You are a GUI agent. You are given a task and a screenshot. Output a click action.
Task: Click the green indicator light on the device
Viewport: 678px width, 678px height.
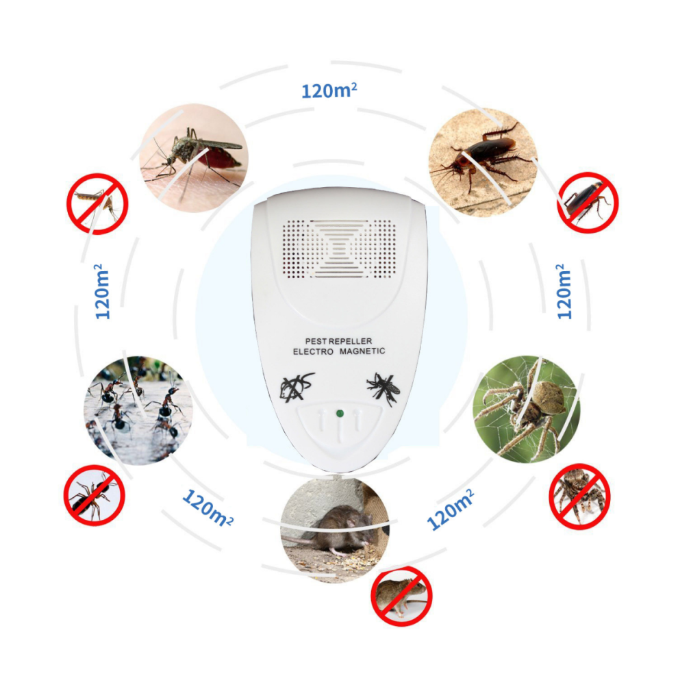[x=340, y=414]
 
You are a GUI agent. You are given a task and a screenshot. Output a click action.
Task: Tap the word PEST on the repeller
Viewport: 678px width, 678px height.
[x=315, y=341]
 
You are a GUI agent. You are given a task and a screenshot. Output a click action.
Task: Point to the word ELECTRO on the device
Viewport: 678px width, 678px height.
[x=313, y=351]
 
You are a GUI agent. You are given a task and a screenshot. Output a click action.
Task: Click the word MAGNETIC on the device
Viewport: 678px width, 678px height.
[x=362, y=351]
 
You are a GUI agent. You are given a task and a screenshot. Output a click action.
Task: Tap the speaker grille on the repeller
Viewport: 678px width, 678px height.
[x=340, y=249]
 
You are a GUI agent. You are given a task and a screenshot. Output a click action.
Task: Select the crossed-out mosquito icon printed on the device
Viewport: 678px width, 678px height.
[x=384, y=388]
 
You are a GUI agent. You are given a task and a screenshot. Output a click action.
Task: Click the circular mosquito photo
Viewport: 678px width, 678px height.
[x=194, y=158]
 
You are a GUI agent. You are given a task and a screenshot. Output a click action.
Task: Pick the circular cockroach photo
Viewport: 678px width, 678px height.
[x=483, y=162]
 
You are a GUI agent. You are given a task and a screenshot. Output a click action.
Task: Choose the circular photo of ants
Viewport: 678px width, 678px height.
[x=138, y=410]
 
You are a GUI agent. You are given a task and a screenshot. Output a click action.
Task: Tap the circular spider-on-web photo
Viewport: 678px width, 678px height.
[x=527, y=409]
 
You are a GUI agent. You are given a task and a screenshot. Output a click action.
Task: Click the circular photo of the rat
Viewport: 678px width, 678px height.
[x=335, y=529]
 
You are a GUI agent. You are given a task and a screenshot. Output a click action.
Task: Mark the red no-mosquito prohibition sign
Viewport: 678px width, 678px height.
[x=97, y=203]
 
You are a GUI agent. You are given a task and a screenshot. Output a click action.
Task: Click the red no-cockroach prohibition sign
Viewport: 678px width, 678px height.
[x=587, y=203]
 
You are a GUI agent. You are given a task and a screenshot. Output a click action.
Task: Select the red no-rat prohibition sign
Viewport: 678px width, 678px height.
[x=401, y=595]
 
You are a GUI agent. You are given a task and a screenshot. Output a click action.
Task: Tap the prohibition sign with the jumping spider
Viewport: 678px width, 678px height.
[x=579, y=497]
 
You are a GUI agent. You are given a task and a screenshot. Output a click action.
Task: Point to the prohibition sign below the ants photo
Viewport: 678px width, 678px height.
[x=95, y=496]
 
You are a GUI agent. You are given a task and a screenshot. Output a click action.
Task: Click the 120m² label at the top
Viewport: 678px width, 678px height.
[x=329, y=90]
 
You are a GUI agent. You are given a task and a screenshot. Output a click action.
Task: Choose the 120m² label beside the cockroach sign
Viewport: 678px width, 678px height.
[x=564, y=292]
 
